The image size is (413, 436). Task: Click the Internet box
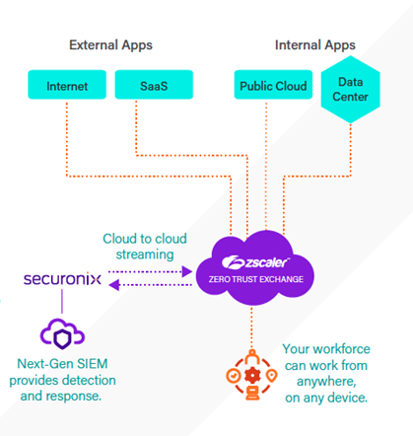pyautogui.click(x=67, y=85)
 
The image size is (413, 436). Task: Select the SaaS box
pyautogui.click(x=154, y=85)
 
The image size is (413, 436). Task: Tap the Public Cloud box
pyautogui.click(x=273, y=85)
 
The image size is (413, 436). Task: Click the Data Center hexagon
pyautogui.click(x=350, y=90)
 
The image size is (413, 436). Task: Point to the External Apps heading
pyautogui.click(x=110, y=45)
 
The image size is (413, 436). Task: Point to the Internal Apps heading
pyautogui.click(x=315, y=45)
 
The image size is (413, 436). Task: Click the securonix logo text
pyautogui.click(x=62, y=279)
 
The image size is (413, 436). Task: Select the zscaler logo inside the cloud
pyautogui.click(x=255, y=262)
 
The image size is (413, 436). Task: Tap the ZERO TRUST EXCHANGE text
pyautogui.click(x=256, y=279)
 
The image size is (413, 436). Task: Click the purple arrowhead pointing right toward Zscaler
pyautogui.click(x=187, y=271)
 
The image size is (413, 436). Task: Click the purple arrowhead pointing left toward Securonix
pyautogui.click(x=114, y=285)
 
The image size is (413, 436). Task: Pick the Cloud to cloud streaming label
pyautogui.click(x=145, y=247)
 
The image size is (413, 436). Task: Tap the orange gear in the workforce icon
pyautogui.click(x=252, y=376)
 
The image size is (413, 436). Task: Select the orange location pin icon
pyautogui.click(x=271, y=376)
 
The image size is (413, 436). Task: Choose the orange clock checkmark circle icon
pyautogui.click(x=234, y=376)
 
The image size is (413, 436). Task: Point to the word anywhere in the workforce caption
pyautogui.click(x=326, y=382)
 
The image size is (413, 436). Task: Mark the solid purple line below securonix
pyautogui.click(x=62, y=301)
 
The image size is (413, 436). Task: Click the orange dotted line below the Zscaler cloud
pyautogui.click(x=251, y=328)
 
